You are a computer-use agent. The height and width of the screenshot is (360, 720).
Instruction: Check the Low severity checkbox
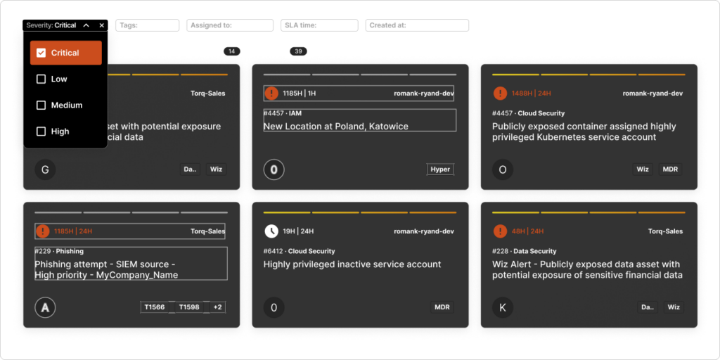(x=41, y=79)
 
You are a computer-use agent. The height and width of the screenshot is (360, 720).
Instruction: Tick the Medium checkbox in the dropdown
(x=41, y=105)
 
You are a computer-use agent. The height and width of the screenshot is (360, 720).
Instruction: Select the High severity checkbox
(x=41, y=131)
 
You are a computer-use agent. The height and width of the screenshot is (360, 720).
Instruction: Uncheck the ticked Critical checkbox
(x=41, y=53)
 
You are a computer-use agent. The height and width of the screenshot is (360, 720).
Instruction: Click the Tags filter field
(x=147, y=25)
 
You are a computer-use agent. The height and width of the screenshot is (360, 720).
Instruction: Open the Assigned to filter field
(x=230, y=25)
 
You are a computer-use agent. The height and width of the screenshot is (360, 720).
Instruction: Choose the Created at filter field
(x=417, y=25)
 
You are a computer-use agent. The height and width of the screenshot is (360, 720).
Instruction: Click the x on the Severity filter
(x=102, y=25)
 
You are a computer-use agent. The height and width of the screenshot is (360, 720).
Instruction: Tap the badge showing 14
(x=231, y=51)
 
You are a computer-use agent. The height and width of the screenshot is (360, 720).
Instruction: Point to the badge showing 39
(x=298, y=51)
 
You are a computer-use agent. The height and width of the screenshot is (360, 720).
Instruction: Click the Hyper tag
(x=440, y=169)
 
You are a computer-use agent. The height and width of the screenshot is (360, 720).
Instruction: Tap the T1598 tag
(x=189, y=307)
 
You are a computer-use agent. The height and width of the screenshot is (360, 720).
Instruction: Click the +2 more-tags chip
(x=217, y=307)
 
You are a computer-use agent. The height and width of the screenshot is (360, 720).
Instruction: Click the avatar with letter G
(x=45, y=169)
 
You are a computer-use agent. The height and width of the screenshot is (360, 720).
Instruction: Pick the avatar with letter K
(x=503, y=307)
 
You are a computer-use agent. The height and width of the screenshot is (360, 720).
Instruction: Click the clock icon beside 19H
(x=271, y=231)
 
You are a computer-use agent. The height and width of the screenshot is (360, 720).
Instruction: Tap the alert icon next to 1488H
(x=500, y=94)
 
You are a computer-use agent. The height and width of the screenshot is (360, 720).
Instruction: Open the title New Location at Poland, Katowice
(x=336, y=127)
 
